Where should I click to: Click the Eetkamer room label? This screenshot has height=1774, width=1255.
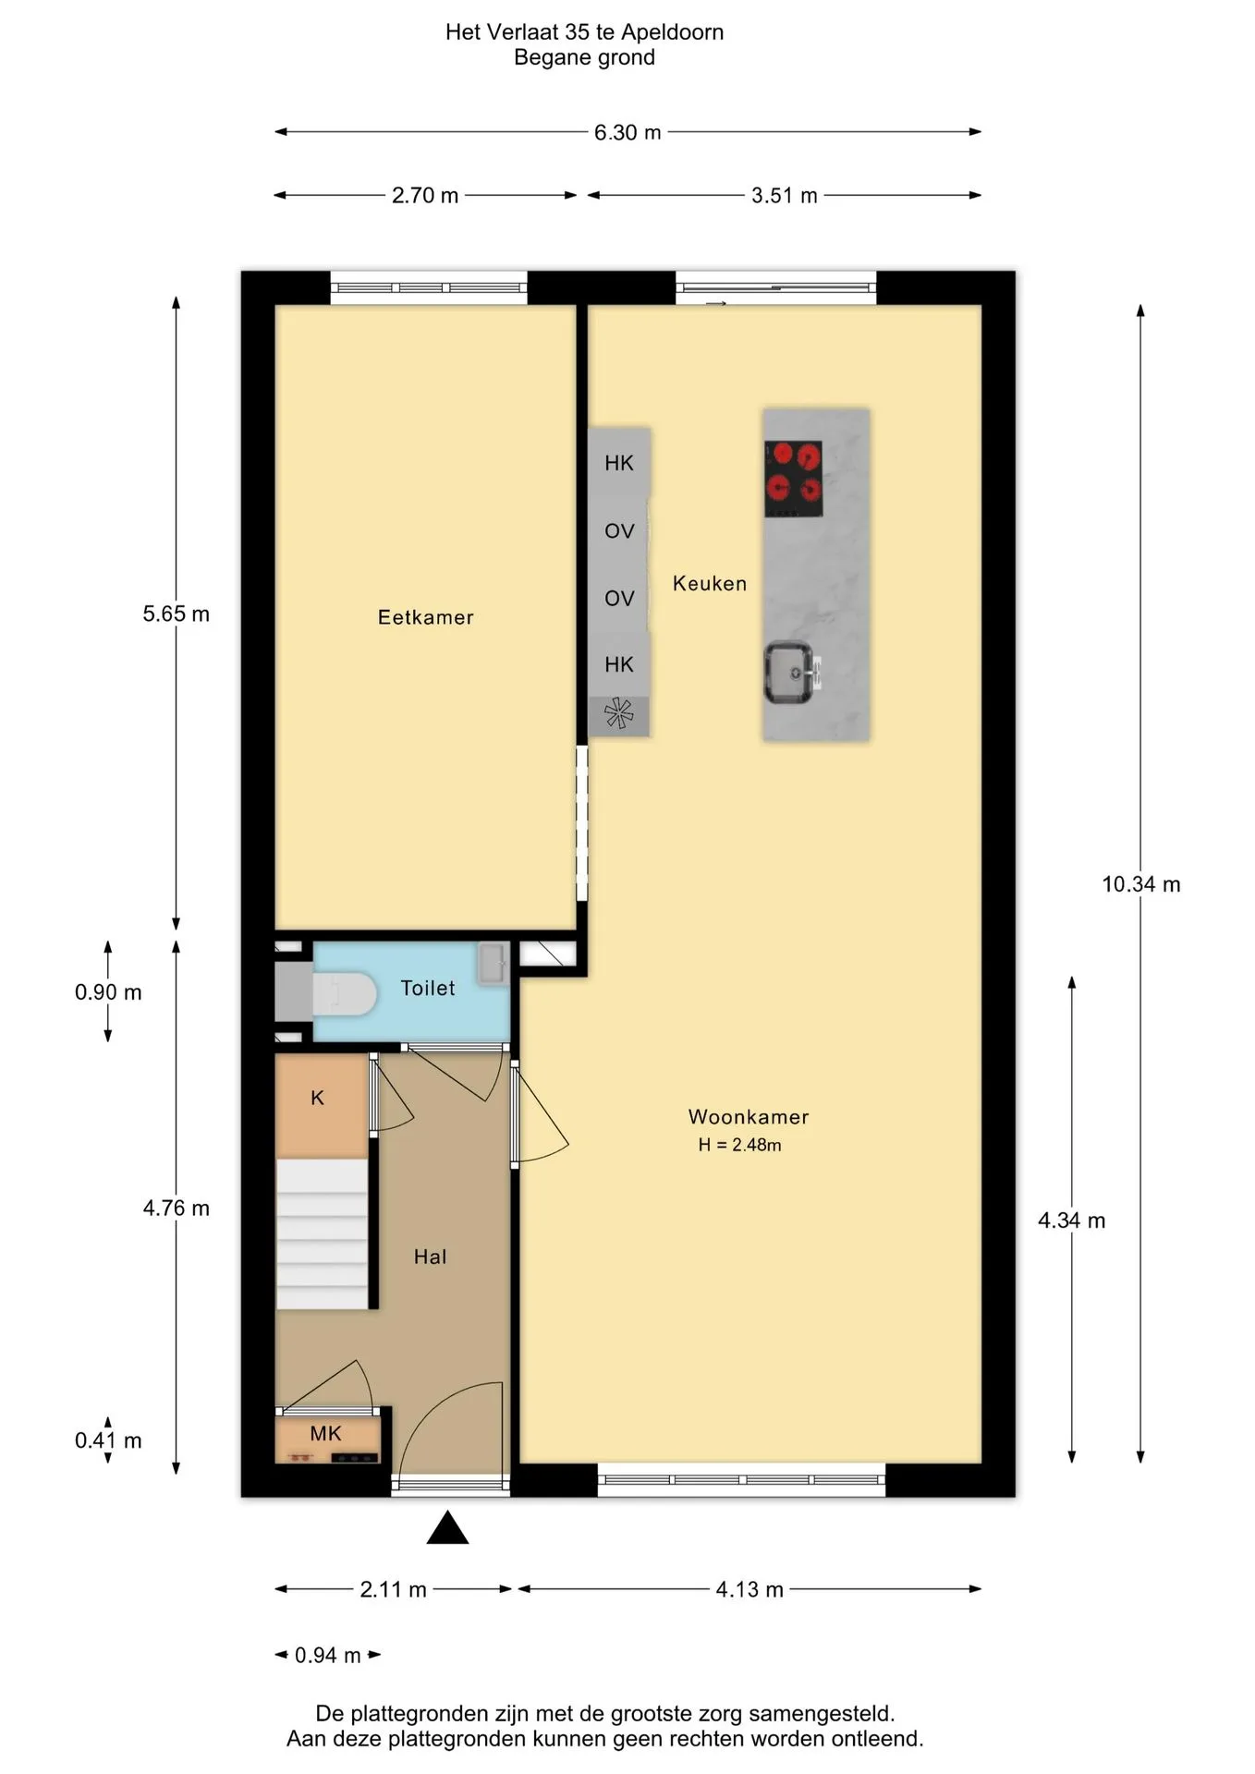[x=425, y=617]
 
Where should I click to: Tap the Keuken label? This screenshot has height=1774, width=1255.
[x=710, y=583]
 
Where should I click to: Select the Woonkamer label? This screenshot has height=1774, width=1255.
[x=749, y=1116]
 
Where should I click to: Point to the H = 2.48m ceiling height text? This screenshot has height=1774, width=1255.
[x=739, y=1145]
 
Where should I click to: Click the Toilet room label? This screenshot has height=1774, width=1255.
[x=428, y=988]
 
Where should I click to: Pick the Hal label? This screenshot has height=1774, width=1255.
[x=430, y=1257]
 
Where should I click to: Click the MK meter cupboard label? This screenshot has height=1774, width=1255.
[x=325, y=1433]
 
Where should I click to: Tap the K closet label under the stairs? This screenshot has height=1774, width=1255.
[x=317, y=1098]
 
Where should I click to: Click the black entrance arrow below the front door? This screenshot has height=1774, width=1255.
[x=447, y=1527]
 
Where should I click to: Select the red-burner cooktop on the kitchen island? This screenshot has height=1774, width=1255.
[x=794, y=479]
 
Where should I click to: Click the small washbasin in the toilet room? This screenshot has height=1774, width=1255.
[x=493, y=964]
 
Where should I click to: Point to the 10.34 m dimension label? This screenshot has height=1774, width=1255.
[x=1141, y=884]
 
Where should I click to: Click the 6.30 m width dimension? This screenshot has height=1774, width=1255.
[x=627, y=132]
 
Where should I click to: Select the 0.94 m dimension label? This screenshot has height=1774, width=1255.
[x=328, y=1655]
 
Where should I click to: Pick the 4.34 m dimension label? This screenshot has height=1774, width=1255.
[x=1072, y=1221]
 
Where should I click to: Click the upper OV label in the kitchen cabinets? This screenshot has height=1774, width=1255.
[x=619, y=531]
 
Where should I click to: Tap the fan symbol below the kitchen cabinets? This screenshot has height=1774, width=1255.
[x=619, y=714]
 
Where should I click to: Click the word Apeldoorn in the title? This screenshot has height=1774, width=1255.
[x=672, y=32]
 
